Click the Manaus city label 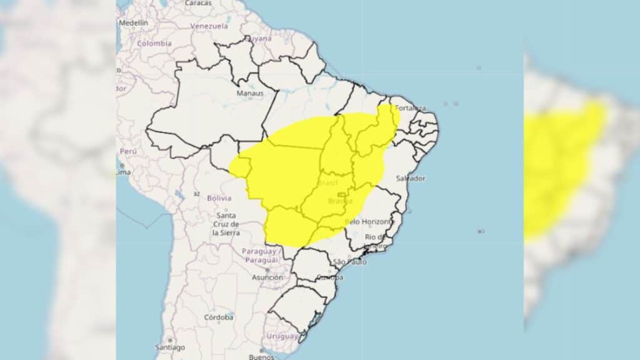pos(249,93)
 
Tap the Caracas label pos(198,3)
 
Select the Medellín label pos(133,22)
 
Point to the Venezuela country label pos(209,26)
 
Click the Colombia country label pos(154,44)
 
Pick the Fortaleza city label pos(411,107)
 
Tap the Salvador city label pos(411,179)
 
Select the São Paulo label pos(349,261)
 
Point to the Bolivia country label pos(219,198)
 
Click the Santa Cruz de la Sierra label pos(225,224)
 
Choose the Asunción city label pos(267,277)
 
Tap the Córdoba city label pos(219,317)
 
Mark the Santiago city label pos(170,347)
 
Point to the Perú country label pos(127,151)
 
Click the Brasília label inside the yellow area pos(340,201)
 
